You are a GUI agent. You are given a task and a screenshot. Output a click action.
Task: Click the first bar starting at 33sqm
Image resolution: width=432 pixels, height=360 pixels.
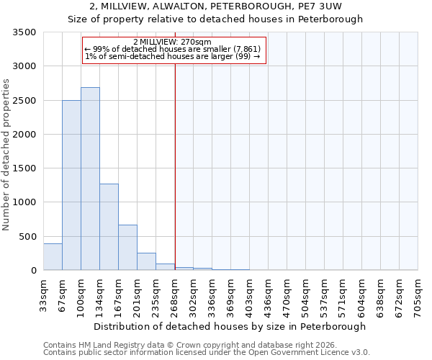pyautogui.click(x=53, y=257)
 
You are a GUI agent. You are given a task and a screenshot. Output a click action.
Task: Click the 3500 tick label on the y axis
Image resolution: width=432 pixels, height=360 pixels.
pyautogui.click(x=24, y=32)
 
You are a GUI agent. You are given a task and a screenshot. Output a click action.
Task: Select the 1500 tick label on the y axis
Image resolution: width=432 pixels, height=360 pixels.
pyautogui.click(x=24, y=168)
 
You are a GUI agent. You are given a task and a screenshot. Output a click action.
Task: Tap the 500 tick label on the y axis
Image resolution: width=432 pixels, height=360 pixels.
pyautogui.click(x=27, y=236)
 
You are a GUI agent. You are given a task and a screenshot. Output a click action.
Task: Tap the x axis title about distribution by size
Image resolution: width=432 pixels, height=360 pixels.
pyautogui.click(x=230, y=326)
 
